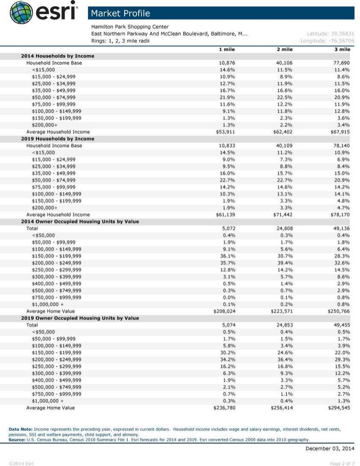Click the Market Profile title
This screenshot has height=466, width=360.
click(120, 13)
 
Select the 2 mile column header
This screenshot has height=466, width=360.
click(285, 49)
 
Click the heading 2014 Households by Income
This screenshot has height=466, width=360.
click(58, 56)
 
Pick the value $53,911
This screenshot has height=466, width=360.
click(226, 132)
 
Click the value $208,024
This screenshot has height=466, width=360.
click(224, 311)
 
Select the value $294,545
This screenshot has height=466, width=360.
click(339, 408)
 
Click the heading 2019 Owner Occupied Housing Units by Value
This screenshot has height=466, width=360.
click(80, 318)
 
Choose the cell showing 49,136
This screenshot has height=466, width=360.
click(341, 228)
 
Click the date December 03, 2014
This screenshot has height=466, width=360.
click(330, 448)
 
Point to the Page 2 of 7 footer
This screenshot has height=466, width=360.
click(342, 463)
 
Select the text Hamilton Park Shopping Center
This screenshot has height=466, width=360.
click(130, 27)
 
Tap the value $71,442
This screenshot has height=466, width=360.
click(283, 215)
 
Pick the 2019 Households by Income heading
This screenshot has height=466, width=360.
click(58, 139)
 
